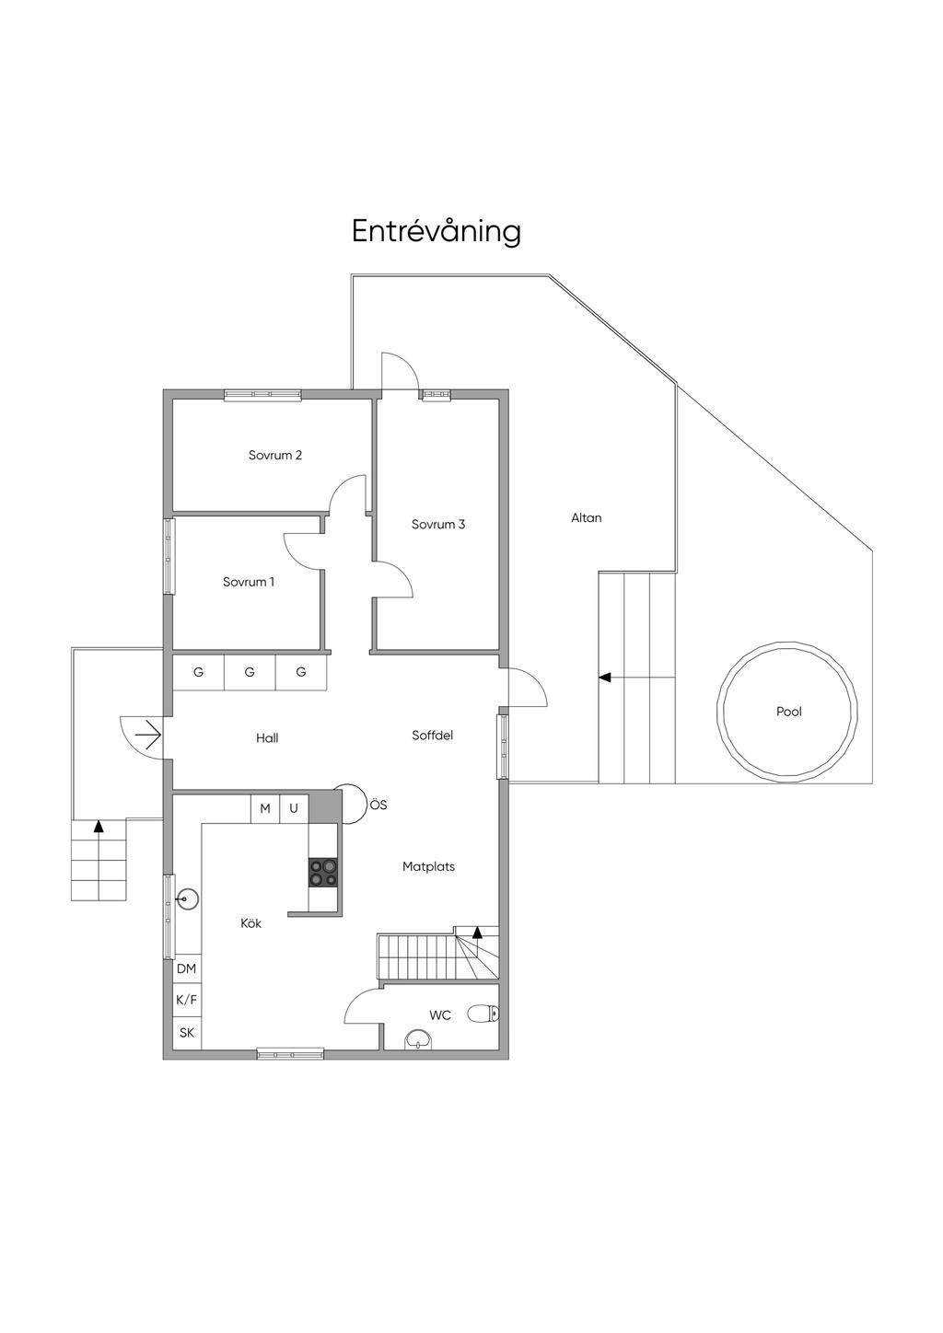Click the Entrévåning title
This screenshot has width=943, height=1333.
click(437, 232)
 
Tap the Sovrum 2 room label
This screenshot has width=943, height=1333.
click(275, 456)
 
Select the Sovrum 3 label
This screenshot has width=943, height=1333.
click(438, 525)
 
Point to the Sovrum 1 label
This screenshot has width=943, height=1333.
click(249, 582)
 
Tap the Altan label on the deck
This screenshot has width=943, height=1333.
click(587, 517)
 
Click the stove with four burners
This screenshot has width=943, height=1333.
click(323, 873)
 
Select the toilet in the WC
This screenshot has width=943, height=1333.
click(483, 1014)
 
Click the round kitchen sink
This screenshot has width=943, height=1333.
click(188, 898)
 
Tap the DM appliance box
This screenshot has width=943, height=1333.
click(186, 968)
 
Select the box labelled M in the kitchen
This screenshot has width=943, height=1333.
click(265, 808)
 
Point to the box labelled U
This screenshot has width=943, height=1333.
click(294, 808)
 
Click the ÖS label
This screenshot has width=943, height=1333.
click(378, 806)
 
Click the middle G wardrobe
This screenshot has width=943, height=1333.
click(250, 672)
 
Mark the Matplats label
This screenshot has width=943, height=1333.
click(428, 866)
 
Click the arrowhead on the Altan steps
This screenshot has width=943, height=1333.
click(605, 678)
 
